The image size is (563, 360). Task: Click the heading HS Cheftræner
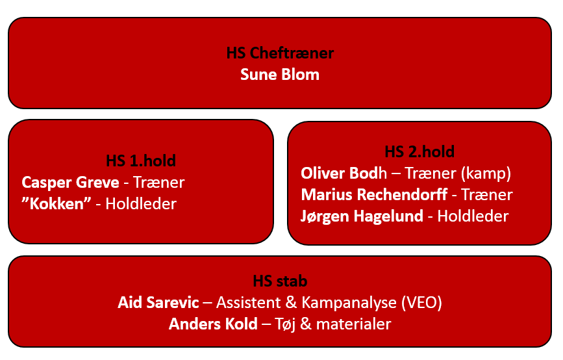pos(280,53)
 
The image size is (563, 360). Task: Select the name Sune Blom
pos(280,75)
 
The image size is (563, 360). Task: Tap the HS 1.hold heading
pos(141,161)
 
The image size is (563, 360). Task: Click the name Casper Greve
pos(70,183)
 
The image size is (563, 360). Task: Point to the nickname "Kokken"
pos(56,204)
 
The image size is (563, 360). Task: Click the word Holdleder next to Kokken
pos(141,204)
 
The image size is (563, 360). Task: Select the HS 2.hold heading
pos(419,151)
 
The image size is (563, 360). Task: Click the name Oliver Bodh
pos(344,173)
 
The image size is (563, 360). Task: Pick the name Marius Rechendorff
pos(374,195)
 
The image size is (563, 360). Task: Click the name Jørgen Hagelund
pos(362,216)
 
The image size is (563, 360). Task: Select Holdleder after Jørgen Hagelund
pos(473,216)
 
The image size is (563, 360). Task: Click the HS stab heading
pos(280,281)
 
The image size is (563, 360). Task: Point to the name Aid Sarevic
pos(158,303)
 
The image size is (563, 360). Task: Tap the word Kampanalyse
pos(349,303)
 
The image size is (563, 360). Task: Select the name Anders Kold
pos(213,324)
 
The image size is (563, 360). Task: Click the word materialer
pos(353,324)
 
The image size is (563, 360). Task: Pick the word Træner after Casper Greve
pos(158,183)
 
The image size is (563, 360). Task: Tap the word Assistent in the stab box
pos(249,303)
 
